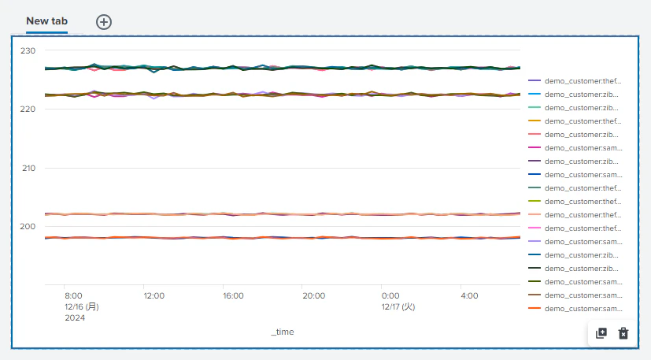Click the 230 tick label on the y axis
[28, 50]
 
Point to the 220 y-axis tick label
[28, 109]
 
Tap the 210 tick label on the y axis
[28, 169]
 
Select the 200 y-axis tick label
[28, 227]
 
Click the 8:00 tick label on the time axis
[73, 295]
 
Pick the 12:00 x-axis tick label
[154, 295]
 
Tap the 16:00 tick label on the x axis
[233, 295]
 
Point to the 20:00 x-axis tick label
[313, 295]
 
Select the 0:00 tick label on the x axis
[390, 295]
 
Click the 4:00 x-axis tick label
[470, 295]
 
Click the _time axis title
[283, 332]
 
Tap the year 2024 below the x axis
[75, 318]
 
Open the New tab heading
[47, 20]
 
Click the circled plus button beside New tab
[104, 22]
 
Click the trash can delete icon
[623, 333]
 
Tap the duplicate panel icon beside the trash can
[601, 333]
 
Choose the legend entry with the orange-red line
[575, 309]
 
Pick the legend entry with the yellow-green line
[575, 202]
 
